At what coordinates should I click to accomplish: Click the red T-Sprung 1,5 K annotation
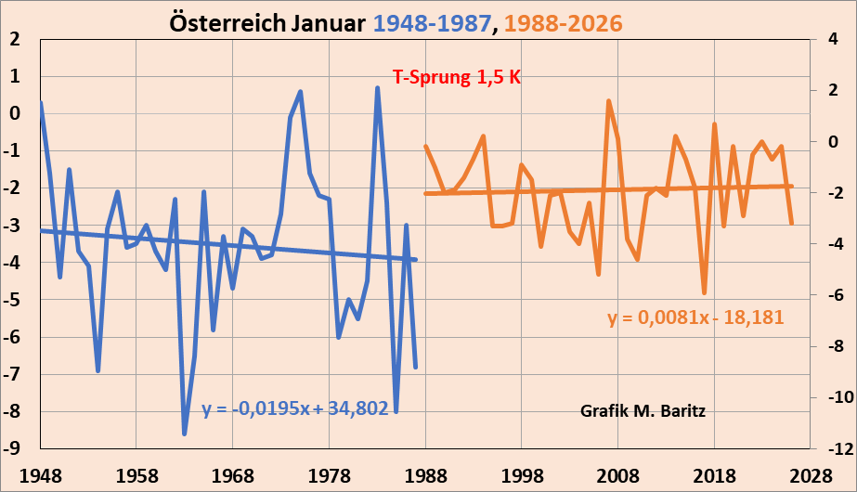coord(457,78)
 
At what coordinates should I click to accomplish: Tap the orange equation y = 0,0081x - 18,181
coord(696,317)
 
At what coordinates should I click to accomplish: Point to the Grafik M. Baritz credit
coord(643,410)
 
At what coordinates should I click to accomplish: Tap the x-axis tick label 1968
coord(233,475)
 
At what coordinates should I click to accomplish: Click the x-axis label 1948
coord(40,475)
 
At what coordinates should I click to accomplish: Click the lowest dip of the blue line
coord(184,434)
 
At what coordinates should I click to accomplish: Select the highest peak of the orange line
coord(608,100)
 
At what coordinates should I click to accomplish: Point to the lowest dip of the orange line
coord(705,292)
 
